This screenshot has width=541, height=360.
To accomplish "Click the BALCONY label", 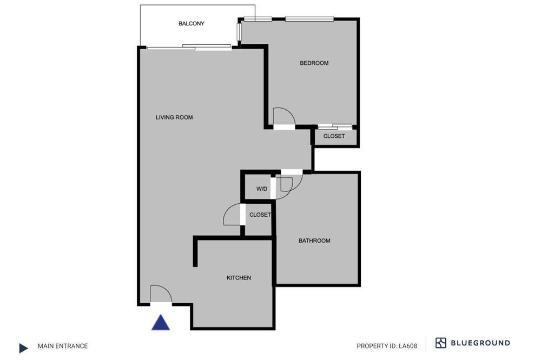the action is point(192,23).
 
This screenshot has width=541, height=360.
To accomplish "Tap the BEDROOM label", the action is point(314,63).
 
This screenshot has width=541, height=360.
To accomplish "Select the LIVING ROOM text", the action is point(174,117).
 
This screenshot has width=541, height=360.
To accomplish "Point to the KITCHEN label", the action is point(239,278).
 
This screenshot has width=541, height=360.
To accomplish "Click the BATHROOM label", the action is point(314,241).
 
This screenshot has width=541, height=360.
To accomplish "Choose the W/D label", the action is point(262,189).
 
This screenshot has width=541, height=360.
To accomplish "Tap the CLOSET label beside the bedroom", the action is point(334,136).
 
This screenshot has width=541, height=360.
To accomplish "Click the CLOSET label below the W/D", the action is point(260,215).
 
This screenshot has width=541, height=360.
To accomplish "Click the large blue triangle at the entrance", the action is point(161,323).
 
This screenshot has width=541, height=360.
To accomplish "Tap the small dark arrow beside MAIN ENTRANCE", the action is point(23,348).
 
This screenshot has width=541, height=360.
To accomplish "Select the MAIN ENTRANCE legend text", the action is point(63,346).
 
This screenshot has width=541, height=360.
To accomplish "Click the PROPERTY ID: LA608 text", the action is point(387,346).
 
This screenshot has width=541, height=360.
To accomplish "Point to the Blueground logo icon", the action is point(441,343).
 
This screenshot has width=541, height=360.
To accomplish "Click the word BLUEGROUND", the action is point(480,343).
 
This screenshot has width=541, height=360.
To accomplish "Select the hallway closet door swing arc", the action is point(228,210).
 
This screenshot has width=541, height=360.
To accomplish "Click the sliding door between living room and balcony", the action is point(189,47).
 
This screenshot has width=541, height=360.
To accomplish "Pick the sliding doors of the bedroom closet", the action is point(335,126).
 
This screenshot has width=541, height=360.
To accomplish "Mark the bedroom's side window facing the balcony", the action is point(239,32).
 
